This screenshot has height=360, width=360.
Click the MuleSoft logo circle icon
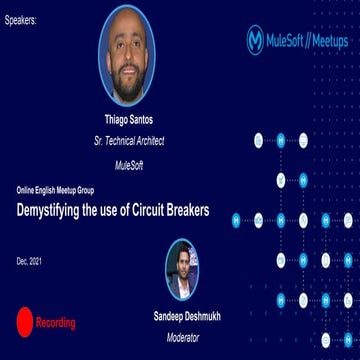point(256,41)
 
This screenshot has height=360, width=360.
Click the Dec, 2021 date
point(28,261)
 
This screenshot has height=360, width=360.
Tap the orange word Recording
point(55,323)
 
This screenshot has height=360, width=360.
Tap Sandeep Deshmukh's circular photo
point(187,269)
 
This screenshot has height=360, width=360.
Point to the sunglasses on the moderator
point(186,263)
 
